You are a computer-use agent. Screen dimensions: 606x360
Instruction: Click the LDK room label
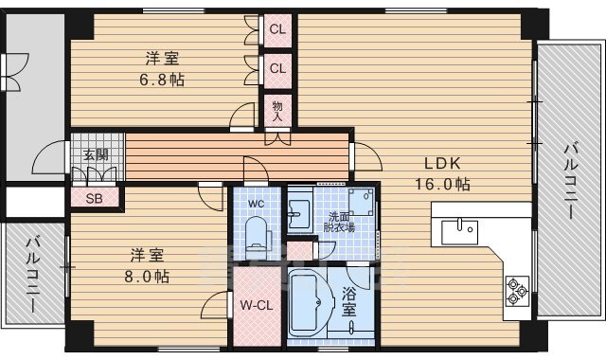pos(442,163)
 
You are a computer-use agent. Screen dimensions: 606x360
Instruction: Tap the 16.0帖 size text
pos(442,184)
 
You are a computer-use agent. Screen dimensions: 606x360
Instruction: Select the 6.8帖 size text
pos(162,80)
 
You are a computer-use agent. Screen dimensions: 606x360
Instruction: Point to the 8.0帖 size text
pos(147,276)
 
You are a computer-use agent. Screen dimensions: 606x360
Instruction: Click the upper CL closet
pos(277,29)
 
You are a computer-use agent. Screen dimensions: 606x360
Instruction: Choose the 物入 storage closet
pos(277,111)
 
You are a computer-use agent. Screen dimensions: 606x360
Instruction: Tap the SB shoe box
pos(95,198)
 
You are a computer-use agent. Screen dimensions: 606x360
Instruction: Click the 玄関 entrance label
pos(96,155)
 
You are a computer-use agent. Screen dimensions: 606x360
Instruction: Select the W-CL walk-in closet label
pos(257,305)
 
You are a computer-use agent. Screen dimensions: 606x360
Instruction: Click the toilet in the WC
pos(256,236)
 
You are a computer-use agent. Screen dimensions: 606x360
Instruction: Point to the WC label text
pos(256,204)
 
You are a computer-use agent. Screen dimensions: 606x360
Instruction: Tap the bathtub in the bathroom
pos(309,303)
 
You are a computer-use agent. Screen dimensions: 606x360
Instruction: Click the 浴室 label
pos(348,303)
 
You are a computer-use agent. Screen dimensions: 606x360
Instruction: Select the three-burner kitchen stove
pos(517,291)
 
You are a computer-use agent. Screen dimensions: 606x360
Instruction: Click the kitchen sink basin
pos(459,231)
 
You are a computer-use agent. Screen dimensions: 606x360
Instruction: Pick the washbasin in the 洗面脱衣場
pos(299,214)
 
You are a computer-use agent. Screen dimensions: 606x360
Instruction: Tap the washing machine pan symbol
pos(362,202)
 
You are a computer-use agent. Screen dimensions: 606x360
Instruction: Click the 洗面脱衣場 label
pos(339,222)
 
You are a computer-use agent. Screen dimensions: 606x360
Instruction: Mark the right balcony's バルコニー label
pos(571,181)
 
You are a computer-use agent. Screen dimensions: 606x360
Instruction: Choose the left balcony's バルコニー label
pos(33,275)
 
